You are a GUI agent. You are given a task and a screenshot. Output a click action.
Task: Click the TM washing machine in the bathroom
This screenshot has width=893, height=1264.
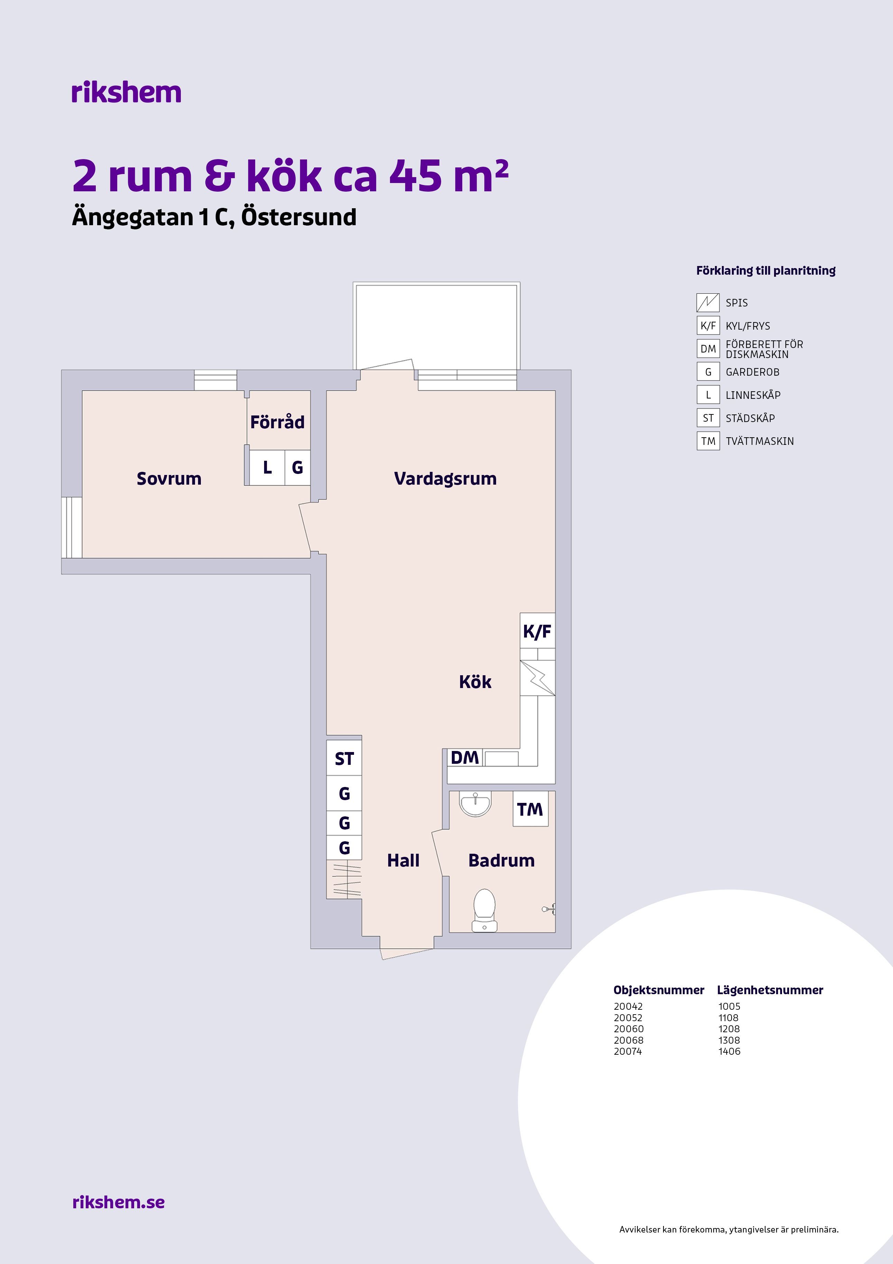point(530,809)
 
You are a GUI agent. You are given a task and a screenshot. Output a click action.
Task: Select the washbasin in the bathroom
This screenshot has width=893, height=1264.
point(475,804)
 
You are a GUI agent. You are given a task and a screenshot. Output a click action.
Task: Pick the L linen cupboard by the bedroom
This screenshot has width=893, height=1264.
point(267,467)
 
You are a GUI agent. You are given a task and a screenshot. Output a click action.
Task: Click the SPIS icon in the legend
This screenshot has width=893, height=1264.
point(708,303)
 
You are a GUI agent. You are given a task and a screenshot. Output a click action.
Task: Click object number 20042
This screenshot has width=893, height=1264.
point(628,1006)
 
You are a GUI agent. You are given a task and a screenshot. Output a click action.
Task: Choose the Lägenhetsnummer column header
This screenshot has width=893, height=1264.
point(770,990)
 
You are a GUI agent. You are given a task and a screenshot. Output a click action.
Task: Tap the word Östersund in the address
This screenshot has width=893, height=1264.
point(299,217)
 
